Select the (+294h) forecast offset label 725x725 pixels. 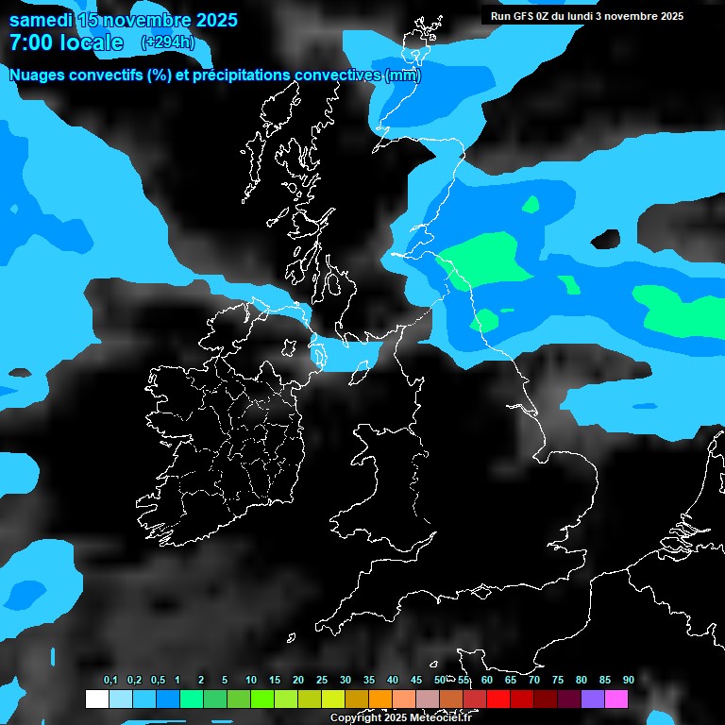point(167,42)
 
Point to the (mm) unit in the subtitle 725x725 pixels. point(403,76)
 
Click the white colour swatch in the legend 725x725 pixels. point(96,700)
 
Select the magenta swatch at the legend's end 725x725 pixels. point(616,700)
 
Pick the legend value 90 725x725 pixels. point(628,681)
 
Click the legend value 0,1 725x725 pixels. point(110,681)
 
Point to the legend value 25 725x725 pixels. point(321,681)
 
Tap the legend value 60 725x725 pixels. point(486,681)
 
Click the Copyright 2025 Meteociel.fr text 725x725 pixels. point(400,718)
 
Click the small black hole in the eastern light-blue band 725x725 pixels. point(606,238)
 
